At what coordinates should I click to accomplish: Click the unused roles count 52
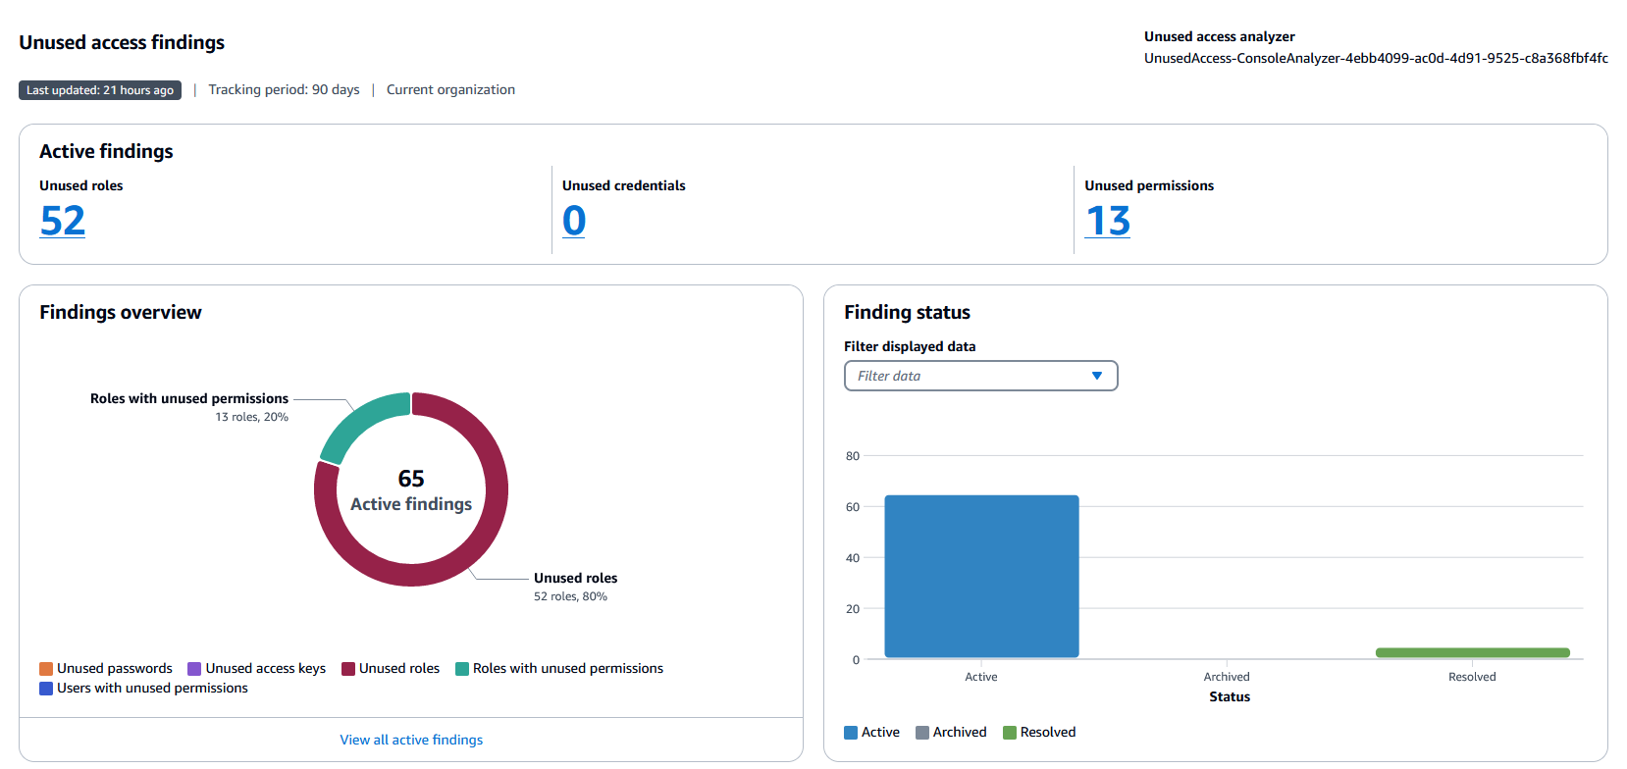(63, 221)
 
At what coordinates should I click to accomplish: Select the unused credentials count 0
(574, 221)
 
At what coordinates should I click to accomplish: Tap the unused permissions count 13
(1108, 221)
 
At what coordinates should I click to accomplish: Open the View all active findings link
(411, 740)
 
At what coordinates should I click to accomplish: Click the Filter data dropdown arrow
(1097, 376)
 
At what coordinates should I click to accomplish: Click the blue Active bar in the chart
(981, 577)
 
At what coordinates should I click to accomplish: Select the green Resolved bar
(1472, 652)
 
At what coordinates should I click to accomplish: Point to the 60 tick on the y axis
(853, 507)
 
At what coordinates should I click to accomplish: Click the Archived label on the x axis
(1227, 677)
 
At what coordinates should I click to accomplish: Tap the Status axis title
(1230, 696)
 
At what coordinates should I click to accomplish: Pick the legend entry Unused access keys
(257, 668)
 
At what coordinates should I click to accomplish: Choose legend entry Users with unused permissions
(144, 688)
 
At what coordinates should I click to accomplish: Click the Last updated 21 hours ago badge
(100, 90)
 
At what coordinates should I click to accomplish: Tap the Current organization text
(450, 89)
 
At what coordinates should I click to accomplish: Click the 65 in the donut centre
(411, 479)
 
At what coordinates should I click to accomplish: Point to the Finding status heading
(907, 312)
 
